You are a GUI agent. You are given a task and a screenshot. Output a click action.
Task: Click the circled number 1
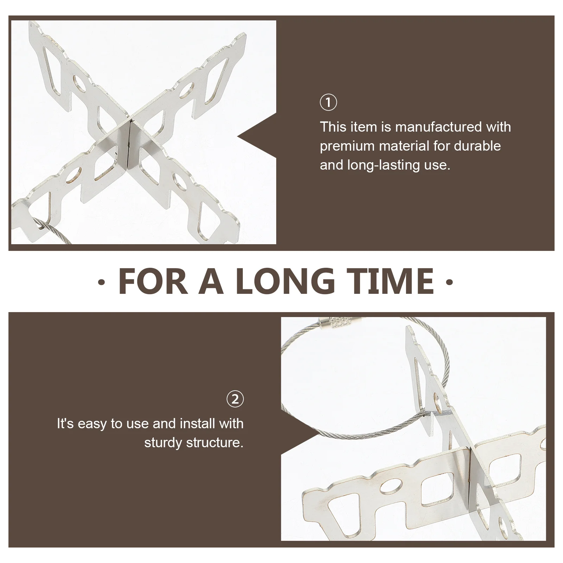point(328,102)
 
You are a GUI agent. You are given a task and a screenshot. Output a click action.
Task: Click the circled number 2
point(235,399)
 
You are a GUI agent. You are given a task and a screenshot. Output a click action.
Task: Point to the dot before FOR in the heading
point(101,281)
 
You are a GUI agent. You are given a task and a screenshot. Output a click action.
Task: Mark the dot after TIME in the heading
point(449,281)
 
